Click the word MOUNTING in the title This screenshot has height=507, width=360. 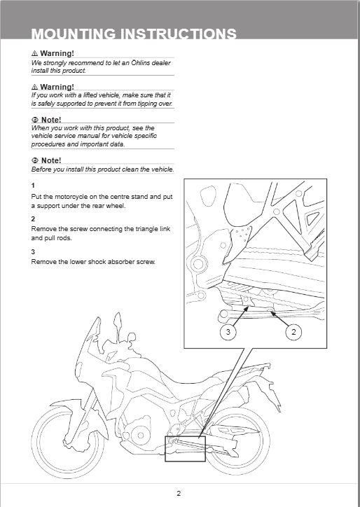pos(73,34)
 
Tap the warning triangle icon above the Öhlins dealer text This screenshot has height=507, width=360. pos(34,53)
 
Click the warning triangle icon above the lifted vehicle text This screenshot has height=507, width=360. pos(34,87)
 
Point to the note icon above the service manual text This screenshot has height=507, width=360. pos(35,120)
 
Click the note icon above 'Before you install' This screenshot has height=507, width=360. pos(35,160)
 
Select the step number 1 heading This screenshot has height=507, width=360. pos(33,186)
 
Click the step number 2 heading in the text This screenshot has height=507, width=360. pos(33,219)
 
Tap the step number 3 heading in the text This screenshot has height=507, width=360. pos(33,252)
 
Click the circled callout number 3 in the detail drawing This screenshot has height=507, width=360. pos(228,332)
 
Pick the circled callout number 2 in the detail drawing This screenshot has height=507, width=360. pos(293,332)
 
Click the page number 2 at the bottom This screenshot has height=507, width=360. pos(179,493)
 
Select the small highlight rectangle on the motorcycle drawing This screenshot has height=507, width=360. pos(186,436)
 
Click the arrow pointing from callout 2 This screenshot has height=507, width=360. pos(279,319)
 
